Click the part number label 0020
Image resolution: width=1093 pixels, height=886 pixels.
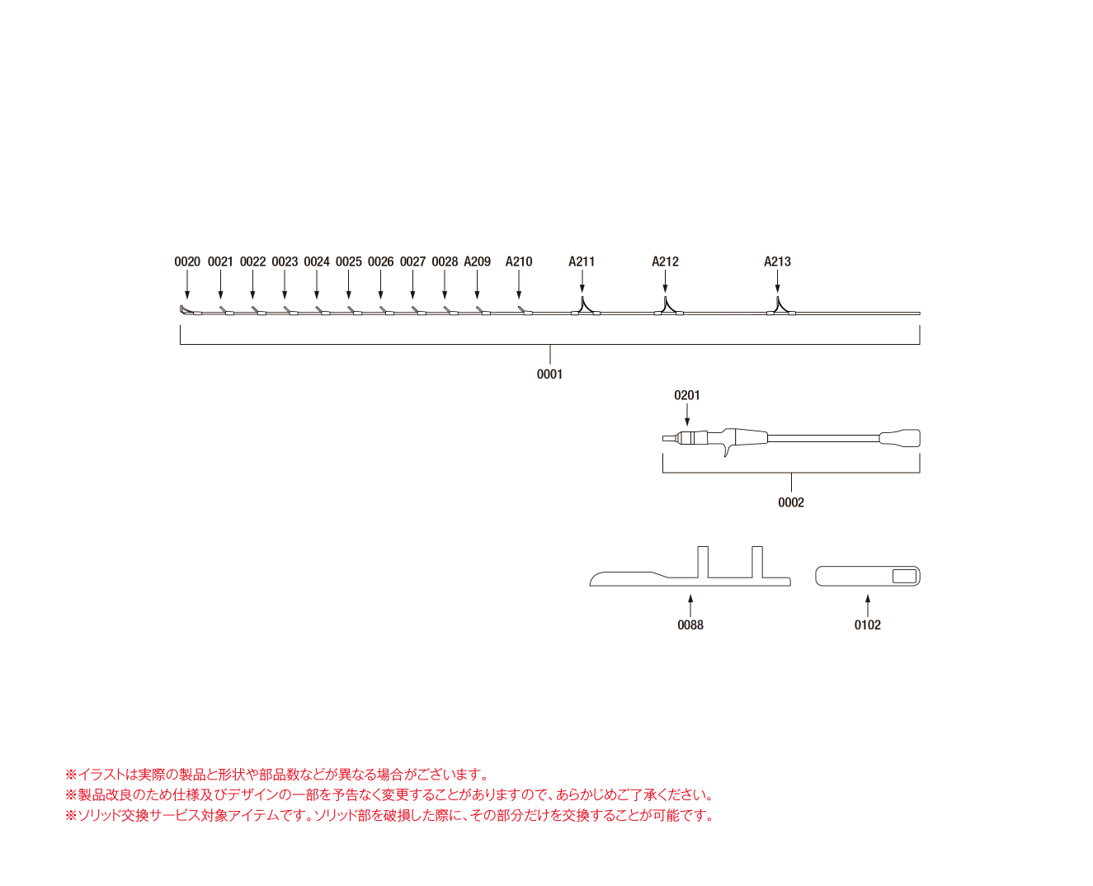(x=186, y=262)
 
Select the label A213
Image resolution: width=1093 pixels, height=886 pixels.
(x=777, y=262)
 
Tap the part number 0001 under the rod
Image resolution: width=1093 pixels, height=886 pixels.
(x=549, y=375)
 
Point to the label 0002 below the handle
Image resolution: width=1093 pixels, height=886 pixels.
(x=791, y=502)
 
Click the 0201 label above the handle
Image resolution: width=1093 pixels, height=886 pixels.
(x=686, y=395)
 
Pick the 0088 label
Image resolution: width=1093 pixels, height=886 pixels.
(x=690, y=624)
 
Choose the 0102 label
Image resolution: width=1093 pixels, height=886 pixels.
(x=867, y=624)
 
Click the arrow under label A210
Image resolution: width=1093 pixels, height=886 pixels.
(x=519, y=285)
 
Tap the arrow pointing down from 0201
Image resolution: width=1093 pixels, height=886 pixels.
(x=687, y=414)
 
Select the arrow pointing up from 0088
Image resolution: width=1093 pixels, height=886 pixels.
(x=690, y=606)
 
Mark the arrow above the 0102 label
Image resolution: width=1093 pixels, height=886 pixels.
(x=868, y=606)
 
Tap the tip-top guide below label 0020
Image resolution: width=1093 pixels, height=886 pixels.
(x=188, y=310)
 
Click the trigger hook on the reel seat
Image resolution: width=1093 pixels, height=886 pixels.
(x=727, y=450)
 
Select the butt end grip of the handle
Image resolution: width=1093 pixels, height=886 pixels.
(x=899, y=438)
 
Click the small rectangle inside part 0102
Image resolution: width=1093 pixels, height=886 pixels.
(x=904, y=576)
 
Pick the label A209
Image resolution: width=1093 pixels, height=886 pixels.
(x=477, y=262)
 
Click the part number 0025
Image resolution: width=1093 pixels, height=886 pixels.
(x=348, y=262)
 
